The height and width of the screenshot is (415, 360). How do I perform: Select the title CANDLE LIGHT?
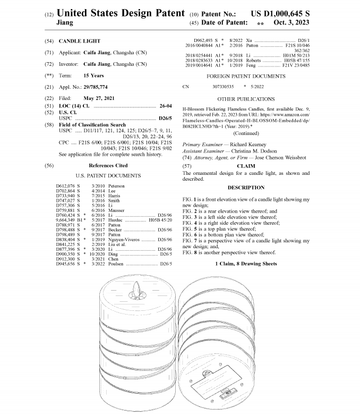click(79, 41)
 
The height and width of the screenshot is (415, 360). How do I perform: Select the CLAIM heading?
click(246, 166)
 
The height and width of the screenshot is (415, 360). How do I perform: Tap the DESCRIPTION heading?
click(246, 188)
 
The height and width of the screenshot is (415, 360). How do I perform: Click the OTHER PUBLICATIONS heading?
click(246, 99)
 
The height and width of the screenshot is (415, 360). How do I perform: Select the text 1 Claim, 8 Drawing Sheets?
click(246, 264)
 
